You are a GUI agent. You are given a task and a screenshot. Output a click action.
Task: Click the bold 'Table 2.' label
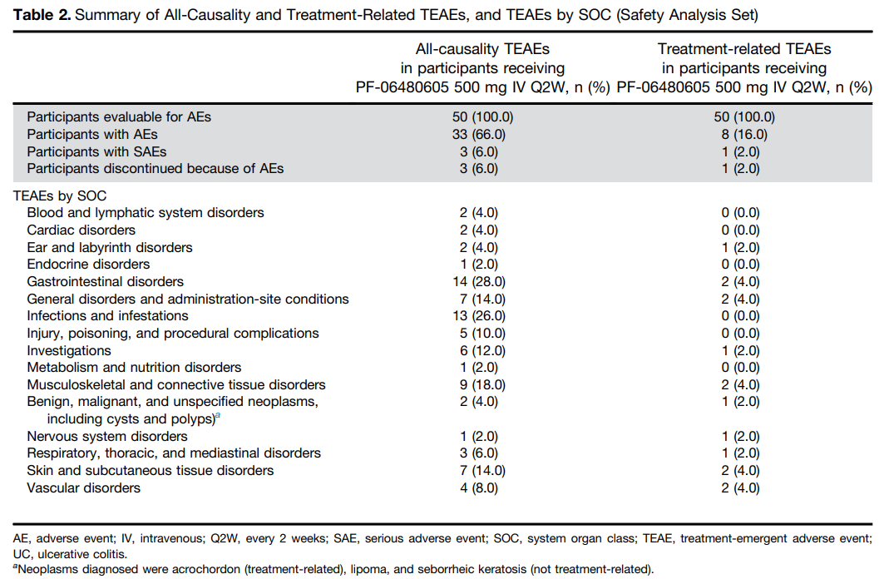[42, 15]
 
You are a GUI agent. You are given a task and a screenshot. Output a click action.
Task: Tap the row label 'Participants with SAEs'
[96, 151]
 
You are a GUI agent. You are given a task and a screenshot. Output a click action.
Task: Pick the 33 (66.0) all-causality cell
[479, 134]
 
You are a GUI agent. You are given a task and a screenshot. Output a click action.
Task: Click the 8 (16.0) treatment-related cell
[744, 134]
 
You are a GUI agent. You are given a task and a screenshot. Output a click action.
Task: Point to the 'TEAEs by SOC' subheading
[60, 195]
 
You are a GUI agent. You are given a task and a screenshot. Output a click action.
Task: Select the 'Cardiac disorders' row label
[81, 230]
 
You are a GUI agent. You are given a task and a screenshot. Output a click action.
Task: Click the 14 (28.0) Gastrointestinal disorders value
[479, 281]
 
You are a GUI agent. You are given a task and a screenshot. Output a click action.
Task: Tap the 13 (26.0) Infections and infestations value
[479, 316]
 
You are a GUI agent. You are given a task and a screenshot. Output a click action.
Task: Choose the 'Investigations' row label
[69, 351]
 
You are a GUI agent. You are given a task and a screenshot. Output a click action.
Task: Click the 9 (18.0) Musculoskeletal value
[482, 384]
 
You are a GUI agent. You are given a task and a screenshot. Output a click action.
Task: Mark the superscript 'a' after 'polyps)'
[218, 416]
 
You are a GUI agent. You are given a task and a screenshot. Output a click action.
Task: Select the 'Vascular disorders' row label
[83, 487]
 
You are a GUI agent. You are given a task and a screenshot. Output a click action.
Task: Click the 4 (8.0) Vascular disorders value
[479, 487]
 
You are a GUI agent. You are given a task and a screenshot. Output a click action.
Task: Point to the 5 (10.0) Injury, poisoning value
[482, 334]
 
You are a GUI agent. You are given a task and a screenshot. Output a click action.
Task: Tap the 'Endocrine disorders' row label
[88, 264]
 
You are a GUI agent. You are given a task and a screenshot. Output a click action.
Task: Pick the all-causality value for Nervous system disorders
[479, 437]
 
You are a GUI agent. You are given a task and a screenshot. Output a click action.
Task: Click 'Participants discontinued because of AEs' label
[155, 169]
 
